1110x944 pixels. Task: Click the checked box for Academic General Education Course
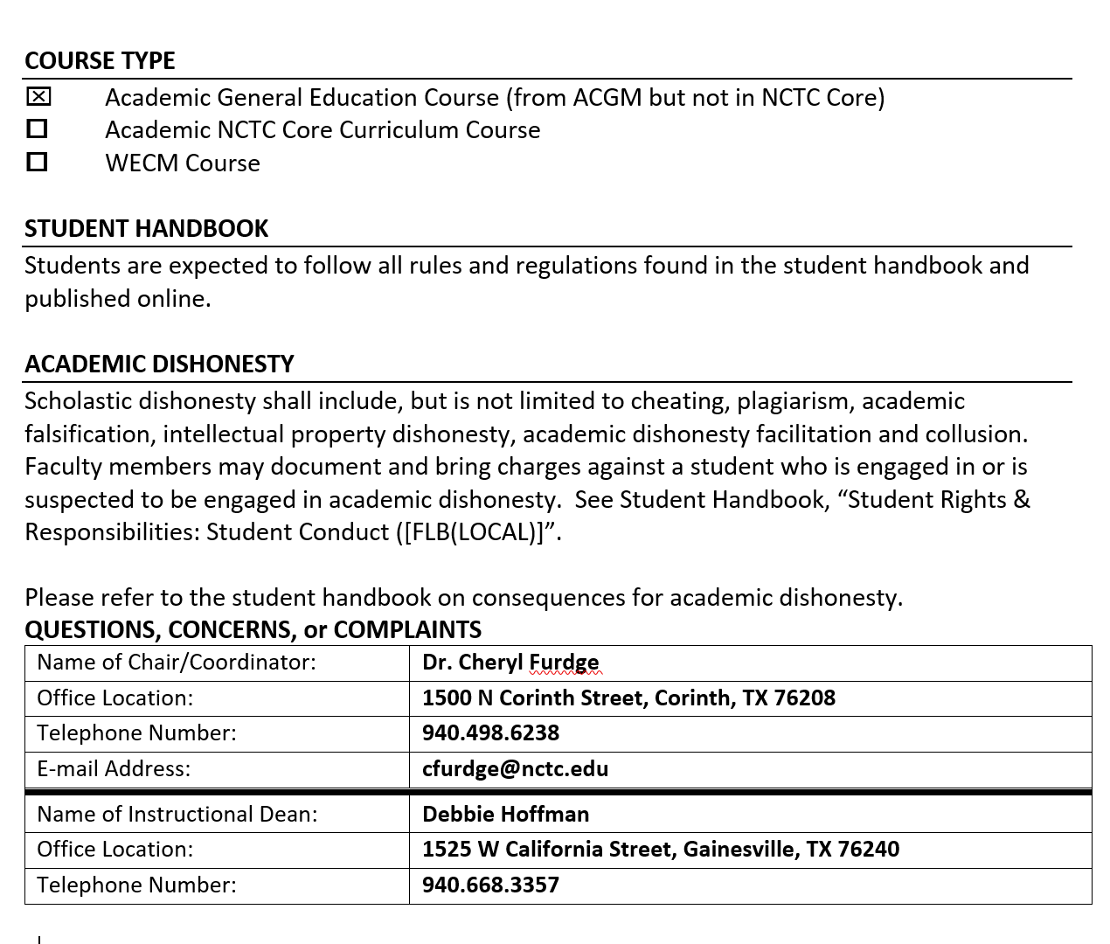click(x=38, y=96)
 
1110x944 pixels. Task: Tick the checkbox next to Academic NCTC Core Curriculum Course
click(x=37, y=129)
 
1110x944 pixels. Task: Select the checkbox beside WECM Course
click(x=37, y=162)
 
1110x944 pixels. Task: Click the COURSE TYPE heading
click(x=100, y=60)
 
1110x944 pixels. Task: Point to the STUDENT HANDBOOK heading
click(x=146, y=228)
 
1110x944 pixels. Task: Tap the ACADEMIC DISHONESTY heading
click(x=159, y=364)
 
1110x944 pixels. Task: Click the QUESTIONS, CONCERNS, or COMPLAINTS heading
click(x=253, y=629)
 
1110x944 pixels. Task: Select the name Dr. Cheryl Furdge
click(x=510, y=663)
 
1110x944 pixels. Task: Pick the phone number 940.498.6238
click(x=490, y=732)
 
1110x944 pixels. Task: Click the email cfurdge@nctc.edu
click(x=515, y=768)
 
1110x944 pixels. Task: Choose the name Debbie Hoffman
click(x=505, y=814)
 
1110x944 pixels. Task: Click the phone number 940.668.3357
click(x=490, y=885)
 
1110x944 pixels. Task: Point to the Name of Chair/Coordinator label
click(x=177, y=663)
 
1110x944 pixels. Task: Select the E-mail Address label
click(x=114, y=768)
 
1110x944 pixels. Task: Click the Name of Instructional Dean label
click(x=177, y=814)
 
